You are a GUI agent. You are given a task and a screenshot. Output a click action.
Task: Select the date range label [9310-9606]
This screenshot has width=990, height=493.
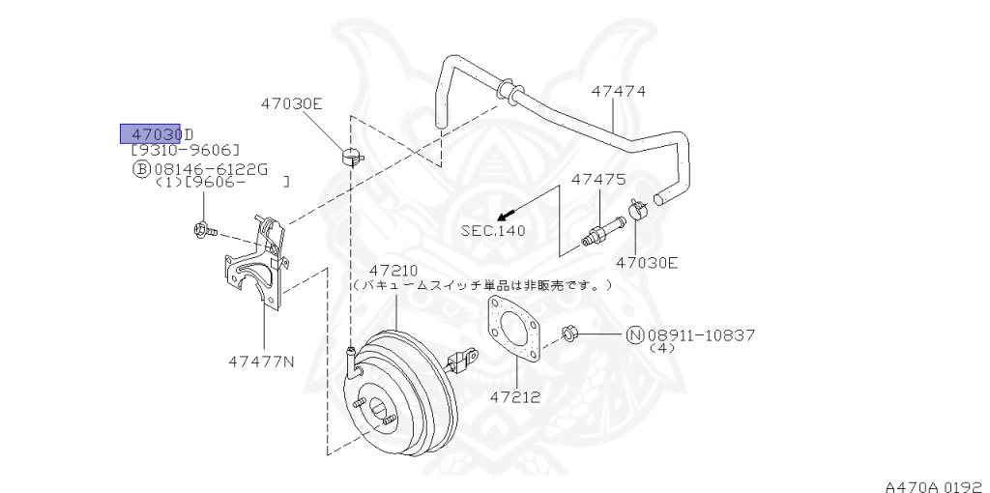[186, 150]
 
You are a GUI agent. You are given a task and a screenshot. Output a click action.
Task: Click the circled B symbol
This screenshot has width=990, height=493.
[141, 168]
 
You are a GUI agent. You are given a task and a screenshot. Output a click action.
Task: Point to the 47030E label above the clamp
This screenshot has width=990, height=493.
[291, 102]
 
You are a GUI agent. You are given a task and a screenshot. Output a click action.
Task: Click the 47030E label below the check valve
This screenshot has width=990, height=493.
[648, 261]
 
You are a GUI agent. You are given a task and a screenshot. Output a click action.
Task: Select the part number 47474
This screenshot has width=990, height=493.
[619, 92]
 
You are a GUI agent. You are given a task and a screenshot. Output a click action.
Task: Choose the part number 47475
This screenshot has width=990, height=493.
[598, 179]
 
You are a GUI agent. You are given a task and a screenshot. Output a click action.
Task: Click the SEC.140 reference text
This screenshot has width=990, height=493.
[492, 230]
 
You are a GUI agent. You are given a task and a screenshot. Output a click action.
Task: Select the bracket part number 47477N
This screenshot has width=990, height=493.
[261, 362]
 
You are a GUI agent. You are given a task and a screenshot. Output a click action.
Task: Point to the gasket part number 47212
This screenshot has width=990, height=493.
[514, 395]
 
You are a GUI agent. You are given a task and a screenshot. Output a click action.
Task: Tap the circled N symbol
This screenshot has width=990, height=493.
[635, 335]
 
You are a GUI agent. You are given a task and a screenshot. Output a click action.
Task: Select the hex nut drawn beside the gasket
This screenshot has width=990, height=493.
[570, 334]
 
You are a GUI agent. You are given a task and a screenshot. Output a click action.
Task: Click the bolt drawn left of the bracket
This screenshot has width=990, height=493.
[203, 230]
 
